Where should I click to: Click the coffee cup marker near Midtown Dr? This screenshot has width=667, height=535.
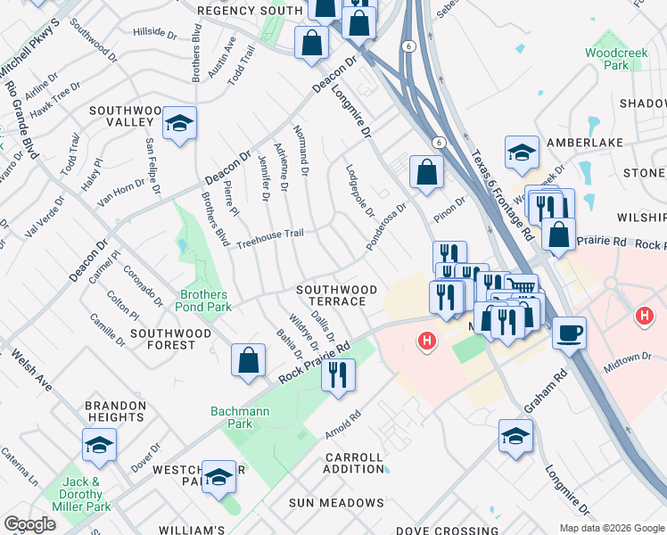click(x=570, y=334)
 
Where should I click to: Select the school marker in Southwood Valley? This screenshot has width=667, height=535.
click(x=179, y=125)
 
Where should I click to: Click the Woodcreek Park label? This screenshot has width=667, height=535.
click(x=609, y=59)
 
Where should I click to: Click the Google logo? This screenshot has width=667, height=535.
click(x=29, y=524)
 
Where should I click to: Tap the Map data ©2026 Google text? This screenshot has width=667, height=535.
click(x=611, y=527)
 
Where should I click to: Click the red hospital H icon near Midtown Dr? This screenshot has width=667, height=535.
click(x=644, y=316)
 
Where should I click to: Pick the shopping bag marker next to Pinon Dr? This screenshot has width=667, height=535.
click(x=427, y=172)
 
